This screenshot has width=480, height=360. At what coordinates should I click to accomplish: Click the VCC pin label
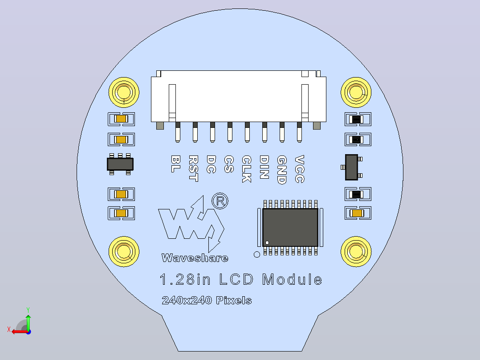point(299,169)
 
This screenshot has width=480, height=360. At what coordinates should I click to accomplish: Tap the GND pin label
point(282,170)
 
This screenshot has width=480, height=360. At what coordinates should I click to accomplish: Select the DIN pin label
point(264,167)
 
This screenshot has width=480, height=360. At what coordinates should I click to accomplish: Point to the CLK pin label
point(247,169)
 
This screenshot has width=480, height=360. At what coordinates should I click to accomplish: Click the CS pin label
point(229,164)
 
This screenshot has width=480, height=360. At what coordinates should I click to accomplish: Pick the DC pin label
point(211,164)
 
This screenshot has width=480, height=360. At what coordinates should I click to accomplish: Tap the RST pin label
point(193,168)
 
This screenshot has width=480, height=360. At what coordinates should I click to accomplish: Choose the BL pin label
point(176,164)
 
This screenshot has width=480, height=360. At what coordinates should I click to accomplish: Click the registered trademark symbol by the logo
point(220,201)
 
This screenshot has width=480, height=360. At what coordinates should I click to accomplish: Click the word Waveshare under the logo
point(195,258)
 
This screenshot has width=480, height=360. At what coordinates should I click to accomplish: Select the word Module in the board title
point(292,279)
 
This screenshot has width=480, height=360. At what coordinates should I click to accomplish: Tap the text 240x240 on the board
point(187,300)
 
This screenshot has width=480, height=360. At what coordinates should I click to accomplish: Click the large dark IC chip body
point(290,227)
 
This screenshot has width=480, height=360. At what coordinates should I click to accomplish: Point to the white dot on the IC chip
point(267,243)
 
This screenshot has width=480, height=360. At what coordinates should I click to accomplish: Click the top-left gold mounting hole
point(124,92)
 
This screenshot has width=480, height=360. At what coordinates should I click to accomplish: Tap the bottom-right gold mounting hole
point(356,252)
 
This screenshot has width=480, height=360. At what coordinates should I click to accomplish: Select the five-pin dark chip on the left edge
point(120,164)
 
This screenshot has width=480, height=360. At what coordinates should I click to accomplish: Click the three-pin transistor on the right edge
point(352,167)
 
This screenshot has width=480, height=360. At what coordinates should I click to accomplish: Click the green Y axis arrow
point(28,320)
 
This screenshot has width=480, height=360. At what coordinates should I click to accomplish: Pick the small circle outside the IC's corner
point(257,254)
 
